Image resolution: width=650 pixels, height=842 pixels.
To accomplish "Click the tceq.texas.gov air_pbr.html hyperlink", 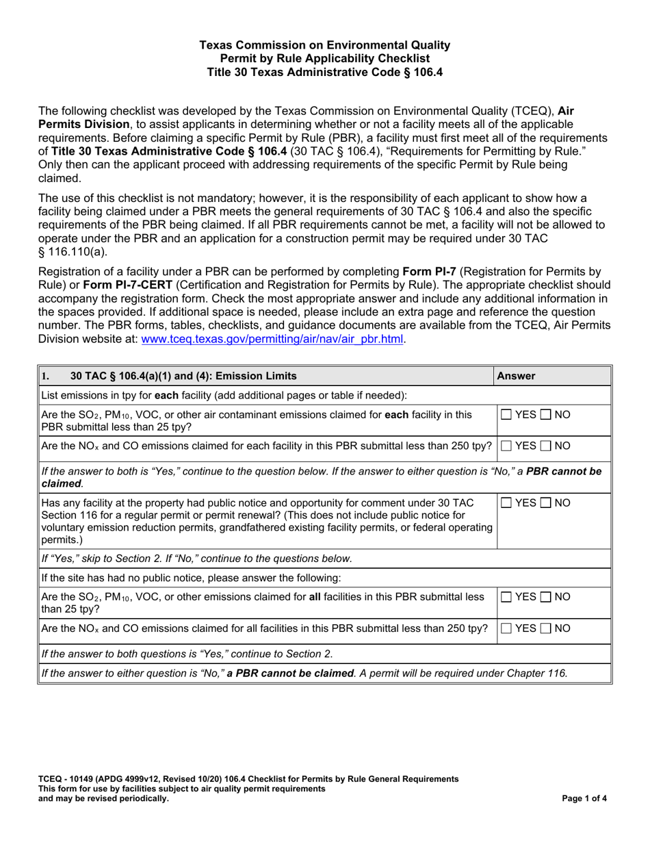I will [x=272, y=339].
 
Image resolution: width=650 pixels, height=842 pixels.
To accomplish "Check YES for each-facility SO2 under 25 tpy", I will [x=506, y=414].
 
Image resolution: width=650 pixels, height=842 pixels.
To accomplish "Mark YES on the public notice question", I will [x=506, y=503].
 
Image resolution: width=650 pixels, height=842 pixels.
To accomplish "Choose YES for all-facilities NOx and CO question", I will [x=506, y=628].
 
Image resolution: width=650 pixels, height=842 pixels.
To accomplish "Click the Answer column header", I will [x=516, y=376].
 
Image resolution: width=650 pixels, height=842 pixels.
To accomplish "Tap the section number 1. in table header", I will [x=46, y=376].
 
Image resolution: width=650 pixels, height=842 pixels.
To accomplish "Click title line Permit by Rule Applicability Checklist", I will [x=324, y=58].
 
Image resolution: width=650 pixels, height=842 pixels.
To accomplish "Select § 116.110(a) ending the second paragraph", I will [x=73, y=251].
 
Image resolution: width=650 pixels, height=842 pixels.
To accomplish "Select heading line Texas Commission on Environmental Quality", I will [x=324, y=45].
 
